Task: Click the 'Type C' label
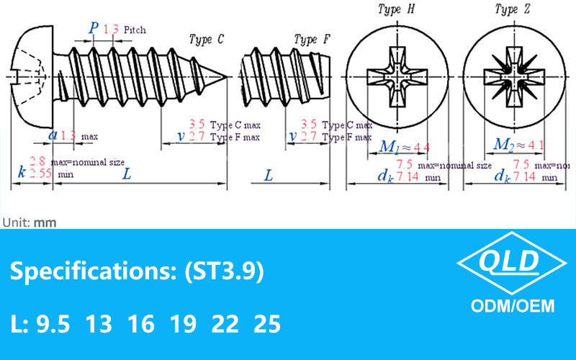205,40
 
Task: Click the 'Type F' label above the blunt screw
312,40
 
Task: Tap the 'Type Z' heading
509,9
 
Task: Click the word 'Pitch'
135,30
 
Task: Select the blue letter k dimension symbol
21,173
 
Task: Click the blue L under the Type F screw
269,174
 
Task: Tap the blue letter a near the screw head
53,135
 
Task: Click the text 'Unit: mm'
29,222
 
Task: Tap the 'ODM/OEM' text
513,306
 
